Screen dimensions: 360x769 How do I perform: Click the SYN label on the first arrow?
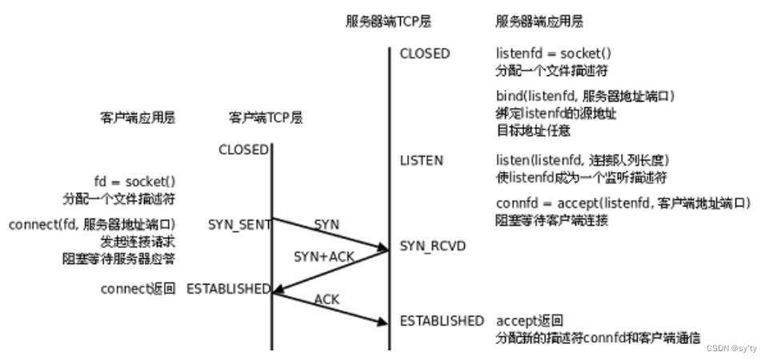click(326, 225)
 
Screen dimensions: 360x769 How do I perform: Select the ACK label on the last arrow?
click(326, 299)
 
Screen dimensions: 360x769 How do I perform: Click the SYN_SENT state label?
click(239, 225)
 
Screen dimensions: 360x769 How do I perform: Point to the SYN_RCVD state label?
click(433, 246)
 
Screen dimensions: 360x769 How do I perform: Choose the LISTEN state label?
click(421, 161)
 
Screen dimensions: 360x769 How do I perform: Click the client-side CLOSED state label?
click(243, 150)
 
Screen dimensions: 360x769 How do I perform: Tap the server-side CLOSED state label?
click(425, 54)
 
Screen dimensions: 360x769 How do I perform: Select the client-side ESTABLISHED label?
click(228, 289)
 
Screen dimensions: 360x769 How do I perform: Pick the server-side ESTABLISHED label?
click(442, 321)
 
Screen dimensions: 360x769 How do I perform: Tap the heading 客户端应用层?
click(133, 118)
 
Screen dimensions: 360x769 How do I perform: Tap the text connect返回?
click(138, 289)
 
